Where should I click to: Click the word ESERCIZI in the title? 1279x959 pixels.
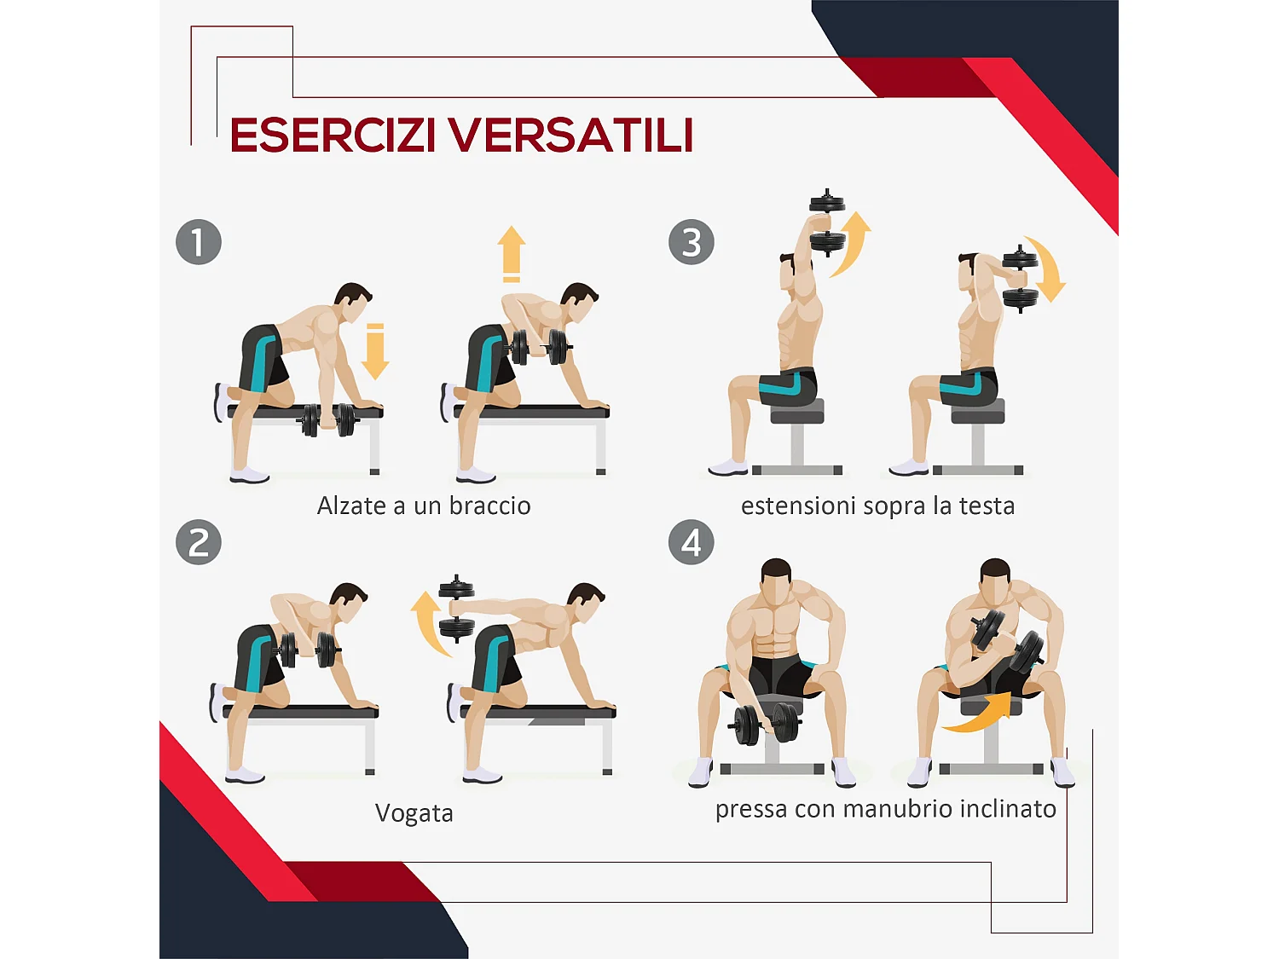tap(333, 136)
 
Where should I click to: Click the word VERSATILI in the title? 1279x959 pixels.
tap(570, 136)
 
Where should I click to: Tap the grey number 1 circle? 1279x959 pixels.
tap(199, 242)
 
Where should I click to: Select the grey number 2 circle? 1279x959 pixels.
tap(199, 542)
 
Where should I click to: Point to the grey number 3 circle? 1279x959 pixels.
tap(692, 242)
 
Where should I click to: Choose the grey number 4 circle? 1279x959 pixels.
tap(692, 542)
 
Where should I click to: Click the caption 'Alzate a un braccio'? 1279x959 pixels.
tap(424, 506)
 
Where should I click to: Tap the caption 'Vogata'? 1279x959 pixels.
tap(414, 813)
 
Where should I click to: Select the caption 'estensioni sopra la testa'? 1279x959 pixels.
tap(877, 506)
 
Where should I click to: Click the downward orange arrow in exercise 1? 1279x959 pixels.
tap(374, 352)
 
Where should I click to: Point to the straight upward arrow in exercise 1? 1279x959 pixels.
tap(512, 253)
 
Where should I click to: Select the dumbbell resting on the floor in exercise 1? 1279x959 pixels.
tap(327, 419)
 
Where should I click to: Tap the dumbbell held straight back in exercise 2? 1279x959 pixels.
tap(457, 608)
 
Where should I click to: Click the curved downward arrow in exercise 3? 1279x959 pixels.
tap(1047, 269)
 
